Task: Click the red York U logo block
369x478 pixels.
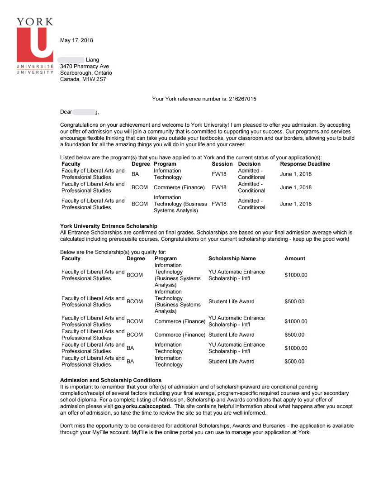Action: click(35, 45)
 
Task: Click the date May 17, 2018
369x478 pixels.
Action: click(76, 40)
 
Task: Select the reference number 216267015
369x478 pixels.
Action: click(242, 99)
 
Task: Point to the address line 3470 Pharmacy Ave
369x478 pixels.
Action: click(85, 67)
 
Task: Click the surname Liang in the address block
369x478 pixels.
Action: click(92, 60)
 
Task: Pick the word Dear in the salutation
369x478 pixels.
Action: click(66, 112)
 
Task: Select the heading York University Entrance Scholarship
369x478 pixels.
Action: click(109, 226)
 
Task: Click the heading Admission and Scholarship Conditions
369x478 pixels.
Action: click(111, 380)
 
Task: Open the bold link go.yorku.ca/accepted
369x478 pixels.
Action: click(142, 406)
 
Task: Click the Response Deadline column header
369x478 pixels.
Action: click(305, 164)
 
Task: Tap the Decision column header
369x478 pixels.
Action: click(249, 164)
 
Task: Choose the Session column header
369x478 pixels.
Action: click(222, 164)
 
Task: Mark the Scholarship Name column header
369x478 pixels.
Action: click(232, 258)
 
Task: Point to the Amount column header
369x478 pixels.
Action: click(295, 258)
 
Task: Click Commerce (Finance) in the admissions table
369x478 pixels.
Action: click(179, 187)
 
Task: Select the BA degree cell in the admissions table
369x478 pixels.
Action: click(135, 174)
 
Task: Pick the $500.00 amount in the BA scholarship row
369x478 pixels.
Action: click(294, 362)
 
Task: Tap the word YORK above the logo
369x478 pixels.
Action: click(35, 22)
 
